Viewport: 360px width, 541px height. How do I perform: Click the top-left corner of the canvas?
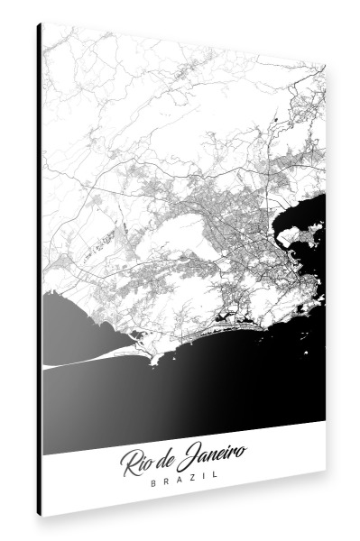(x=42, y=23)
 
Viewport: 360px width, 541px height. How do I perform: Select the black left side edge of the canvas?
(x=40, y=270)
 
